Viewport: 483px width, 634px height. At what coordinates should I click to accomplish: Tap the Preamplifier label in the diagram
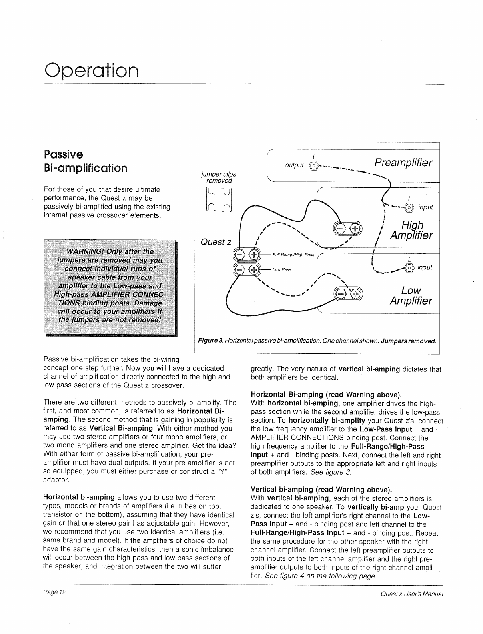403,163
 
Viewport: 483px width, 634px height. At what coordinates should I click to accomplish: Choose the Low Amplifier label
411,295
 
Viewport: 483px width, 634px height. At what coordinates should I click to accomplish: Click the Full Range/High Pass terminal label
293,255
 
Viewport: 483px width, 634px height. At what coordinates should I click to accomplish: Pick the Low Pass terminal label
282,269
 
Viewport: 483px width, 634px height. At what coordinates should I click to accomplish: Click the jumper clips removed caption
218,177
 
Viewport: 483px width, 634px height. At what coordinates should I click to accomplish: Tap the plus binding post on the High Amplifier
354,228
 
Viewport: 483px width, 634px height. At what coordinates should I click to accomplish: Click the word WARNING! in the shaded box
88,251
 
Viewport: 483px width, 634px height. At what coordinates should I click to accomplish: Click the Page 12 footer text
55,592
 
